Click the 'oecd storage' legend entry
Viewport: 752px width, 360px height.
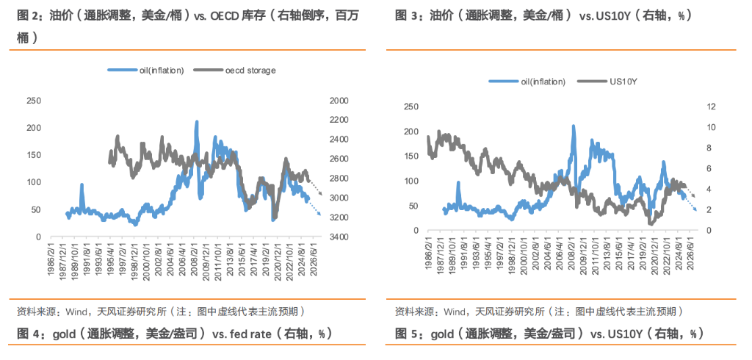click(250, 71)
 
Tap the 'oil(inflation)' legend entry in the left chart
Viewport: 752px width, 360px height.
click(161, 71)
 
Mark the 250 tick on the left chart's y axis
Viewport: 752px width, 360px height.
click(34, 101)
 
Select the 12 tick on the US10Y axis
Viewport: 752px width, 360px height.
click(710, 107)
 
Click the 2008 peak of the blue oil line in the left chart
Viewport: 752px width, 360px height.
click(196, 122)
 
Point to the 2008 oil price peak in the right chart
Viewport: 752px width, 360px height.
click(573, 126)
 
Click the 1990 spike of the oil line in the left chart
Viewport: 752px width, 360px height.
click(82, 185)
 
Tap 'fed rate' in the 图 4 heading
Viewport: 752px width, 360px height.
click(254, 334)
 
